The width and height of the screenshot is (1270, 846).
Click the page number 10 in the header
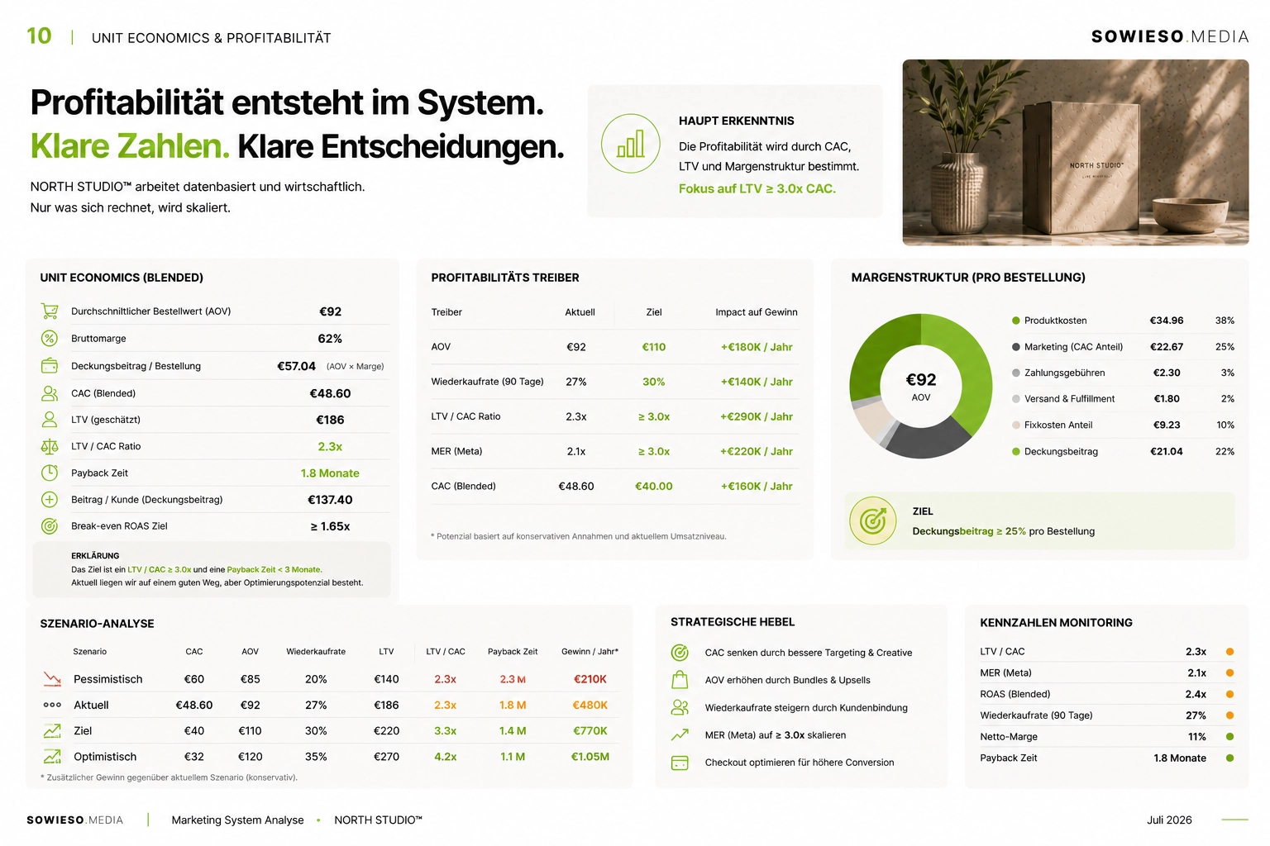[39, 36]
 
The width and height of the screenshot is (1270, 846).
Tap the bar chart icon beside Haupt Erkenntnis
[631, 144]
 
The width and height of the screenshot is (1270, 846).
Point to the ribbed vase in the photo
[957, 192]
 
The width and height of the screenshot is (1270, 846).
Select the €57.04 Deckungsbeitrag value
[296, 366]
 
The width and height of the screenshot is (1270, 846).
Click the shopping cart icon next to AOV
[50, 311]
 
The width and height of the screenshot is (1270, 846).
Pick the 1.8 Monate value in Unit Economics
[330, 473]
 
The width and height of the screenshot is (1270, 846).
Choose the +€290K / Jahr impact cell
[757, 416]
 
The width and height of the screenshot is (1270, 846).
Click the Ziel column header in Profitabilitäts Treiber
[654, 312]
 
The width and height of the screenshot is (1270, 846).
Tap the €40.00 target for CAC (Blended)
[654, 486]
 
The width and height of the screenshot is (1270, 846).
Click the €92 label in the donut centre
[921, 380]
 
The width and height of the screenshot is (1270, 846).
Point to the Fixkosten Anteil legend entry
[1058, 425]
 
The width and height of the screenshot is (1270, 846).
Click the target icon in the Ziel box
[872, 520]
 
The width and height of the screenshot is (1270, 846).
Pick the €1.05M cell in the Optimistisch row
[590, 757]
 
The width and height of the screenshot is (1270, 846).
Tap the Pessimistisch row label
[107, 679]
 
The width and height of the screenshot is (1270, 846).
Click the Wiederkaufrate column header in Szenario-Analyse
[316, 652]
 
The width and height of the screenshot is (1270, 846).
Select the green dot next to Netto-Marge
[1229, 737]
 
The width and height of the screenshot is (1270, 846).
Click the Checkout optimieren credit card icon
[679, 763]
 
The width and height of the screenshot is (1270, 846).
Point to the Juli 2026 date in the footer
[1169, 820]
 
